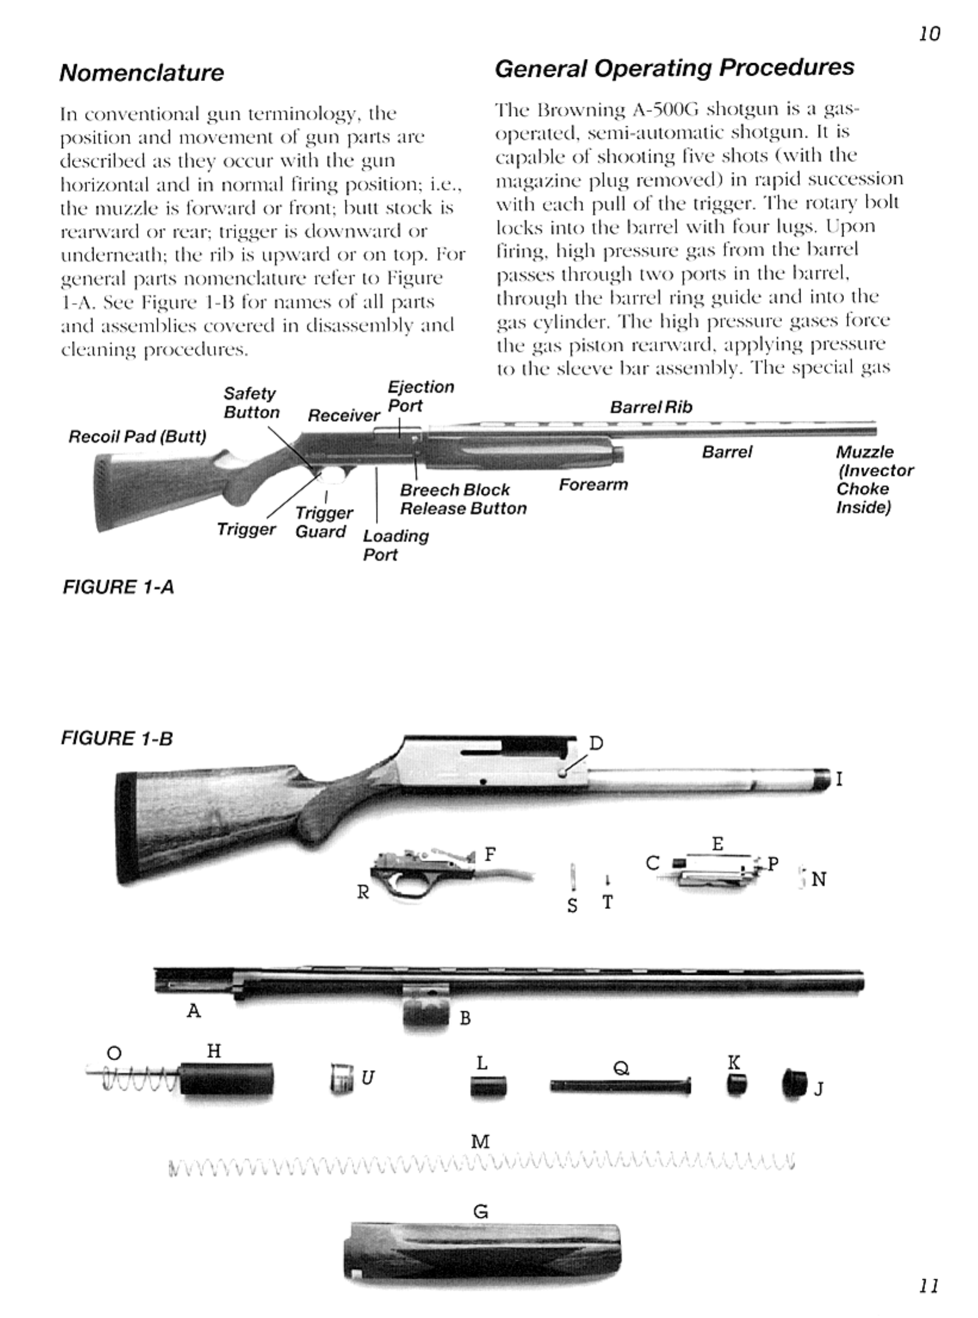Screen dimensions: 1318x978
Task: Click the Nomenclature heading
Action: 142,73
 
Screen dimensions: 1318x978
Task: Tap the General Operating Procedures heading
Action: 674,68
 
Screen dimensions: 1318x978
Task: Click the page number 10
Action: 929,34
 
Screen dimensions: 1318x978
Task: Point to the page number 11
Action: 929,1286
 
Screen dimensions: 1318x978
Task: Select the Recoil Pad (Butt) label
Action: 138,437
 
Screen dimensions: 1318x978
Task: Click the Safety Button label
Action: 251,403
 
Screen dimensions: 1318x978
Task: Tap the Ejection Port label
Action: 421,396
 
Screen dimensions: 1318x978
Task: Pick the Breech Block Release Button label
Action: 463,499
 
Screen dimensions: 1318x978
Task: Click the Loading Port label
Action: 395,545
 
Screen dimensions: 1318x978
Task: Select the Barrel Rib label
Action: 651,407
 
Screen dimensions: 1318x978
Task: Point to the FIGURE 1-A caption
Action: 119,587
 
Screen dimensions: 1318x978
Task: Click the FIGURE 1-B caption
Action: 117,739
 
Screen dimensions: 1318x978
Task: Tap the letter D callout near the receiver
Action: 596,744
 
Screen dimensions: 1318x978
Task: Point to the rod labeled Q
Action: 621,1086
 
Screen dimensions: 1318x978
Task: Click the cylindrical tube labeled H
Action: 226,1079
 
